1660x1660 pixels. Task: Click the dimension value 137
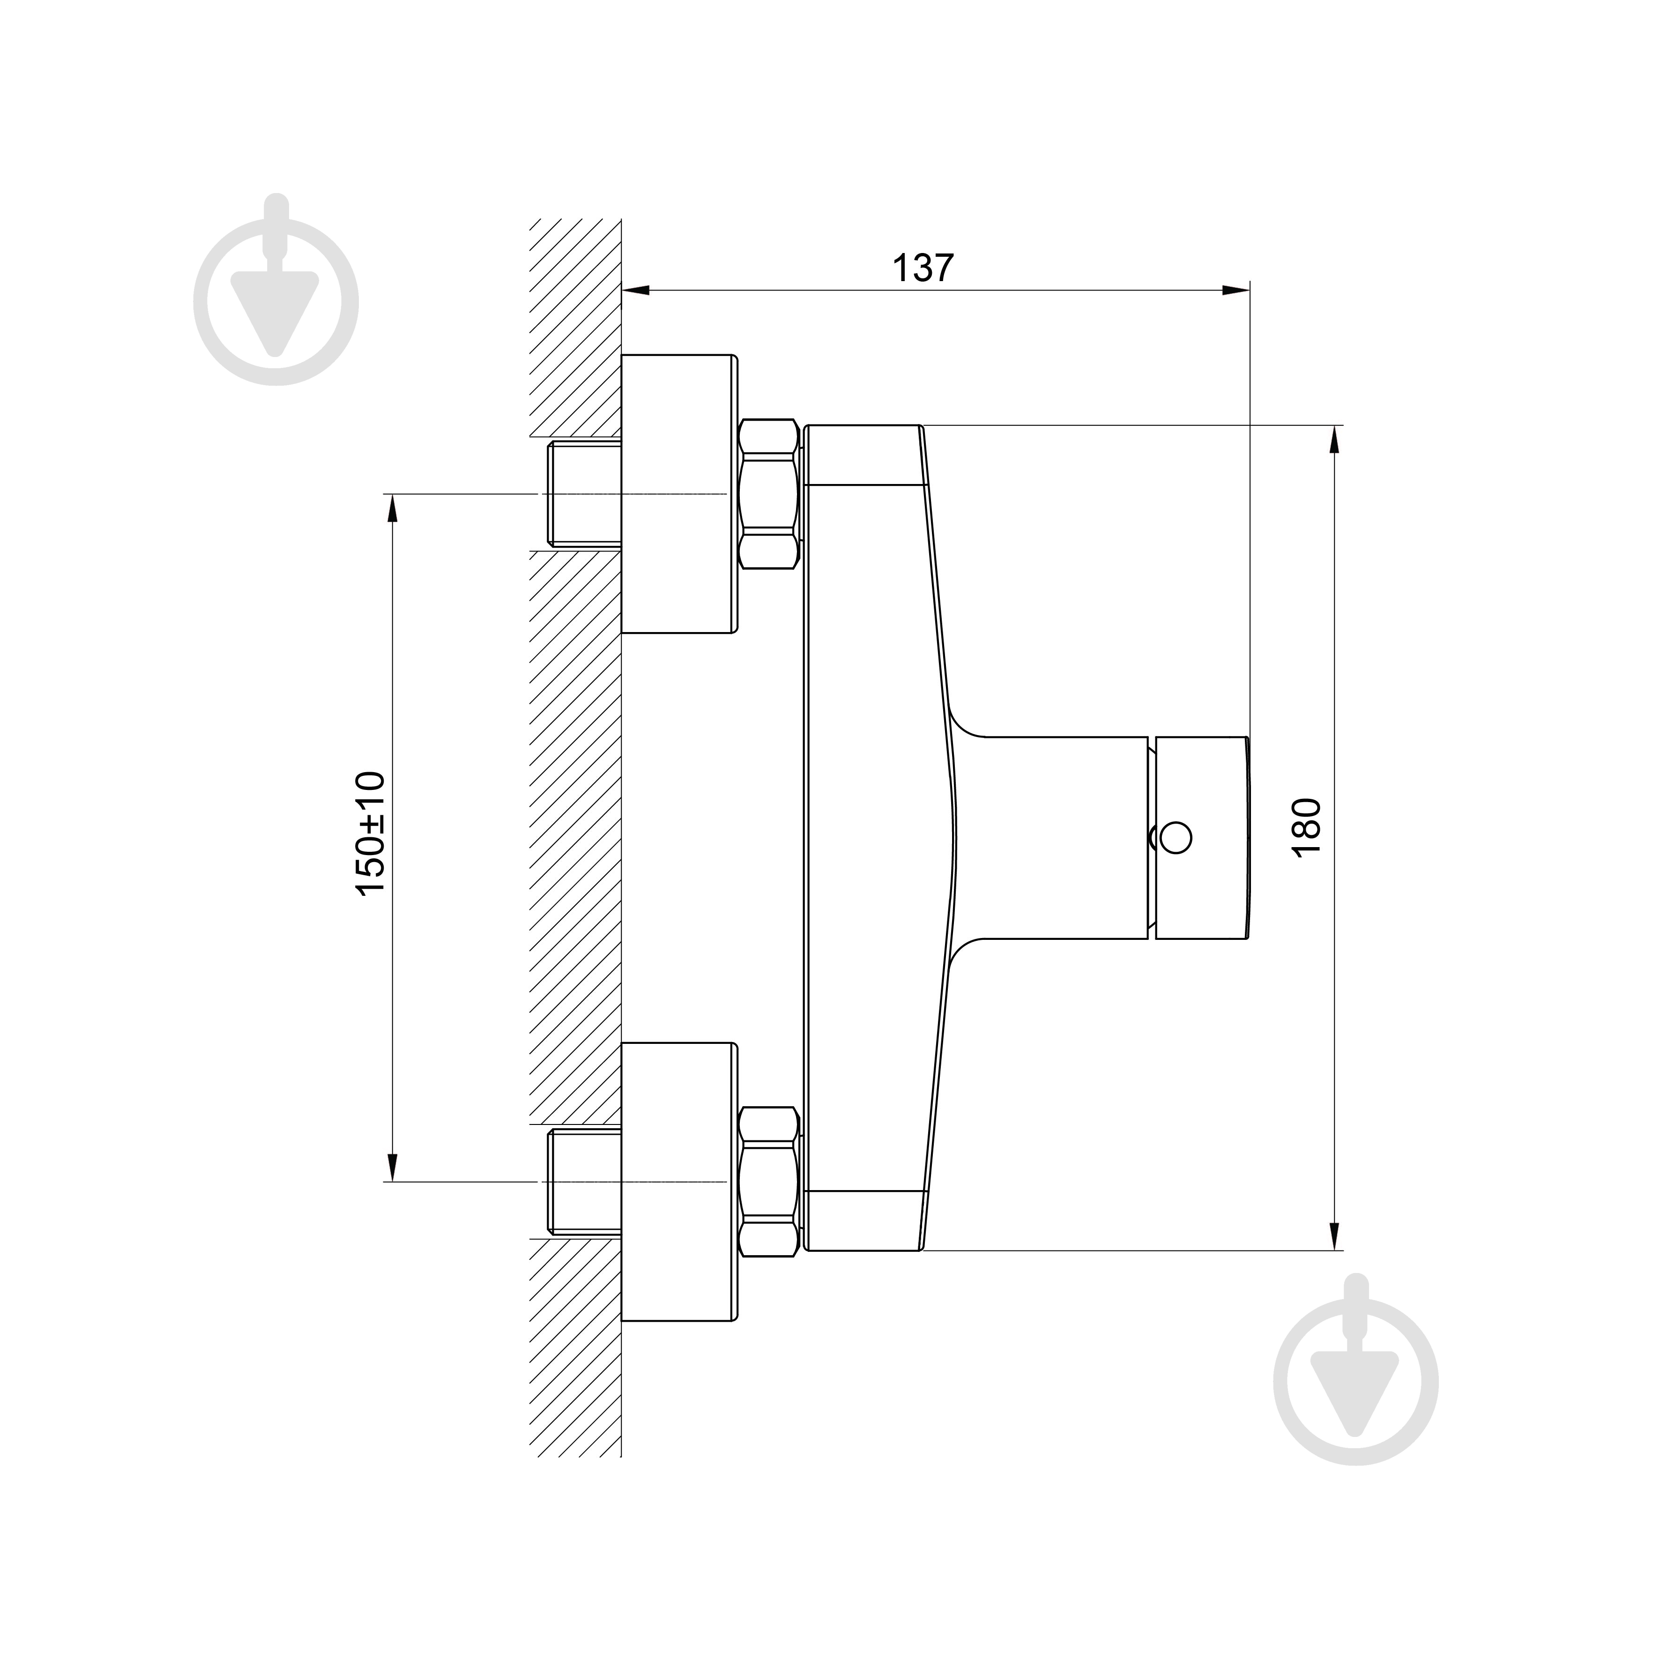point(923,269)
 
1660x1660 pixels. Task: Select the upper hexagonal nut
point(769,494)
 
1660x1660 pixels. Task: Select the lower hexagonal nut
point(769,1182)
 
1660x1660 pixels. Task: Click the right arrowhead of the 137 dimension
point(1237,290)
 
